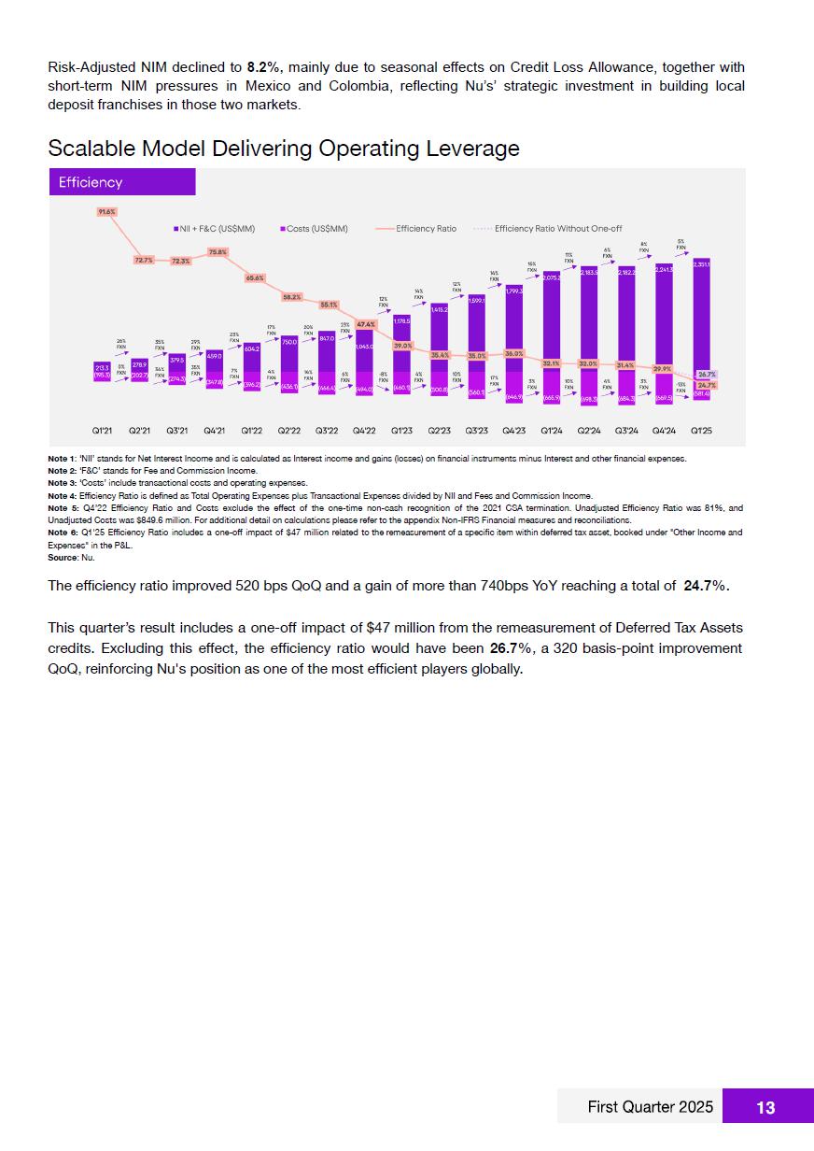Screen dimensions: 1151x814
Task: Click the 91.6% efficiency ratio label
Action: (x=106, y=212)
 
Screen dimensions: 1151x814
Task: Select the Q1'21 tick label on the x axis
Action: (x=103, y=431)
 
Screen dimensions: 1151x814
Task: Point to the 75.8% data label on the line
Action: (x=218, y=252)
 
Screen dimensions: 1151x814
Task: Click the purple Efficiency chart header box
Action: (x=121, y=182)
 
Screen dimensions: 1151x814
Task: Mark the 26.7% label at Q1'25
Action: (x=707, y=374)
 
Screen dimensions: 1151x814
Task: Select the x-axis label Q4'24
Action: (x=664, y=431)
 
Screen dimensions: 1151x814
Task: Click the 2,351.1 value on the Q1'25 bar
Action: (x=701, y=265)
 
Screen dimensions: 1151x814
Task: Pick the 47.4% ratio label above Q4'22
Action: (x=365, y=324)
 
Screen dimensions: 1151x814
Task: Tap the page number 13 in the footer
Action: (x=765, y=1107)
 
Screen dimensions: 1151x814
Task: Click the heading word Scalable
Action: (x=89, y=149)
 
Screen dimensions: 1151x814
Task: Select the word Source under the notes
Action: (x=63, y=558)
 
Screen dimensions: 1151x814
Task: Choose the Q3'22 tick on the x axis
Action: (x=327, y=431)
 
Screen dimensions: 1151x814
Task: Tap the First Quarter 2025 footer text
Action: (x=650, y=1107)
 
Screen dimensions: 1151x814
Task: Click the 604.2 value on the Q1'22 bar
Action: (x=252, y=348)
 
